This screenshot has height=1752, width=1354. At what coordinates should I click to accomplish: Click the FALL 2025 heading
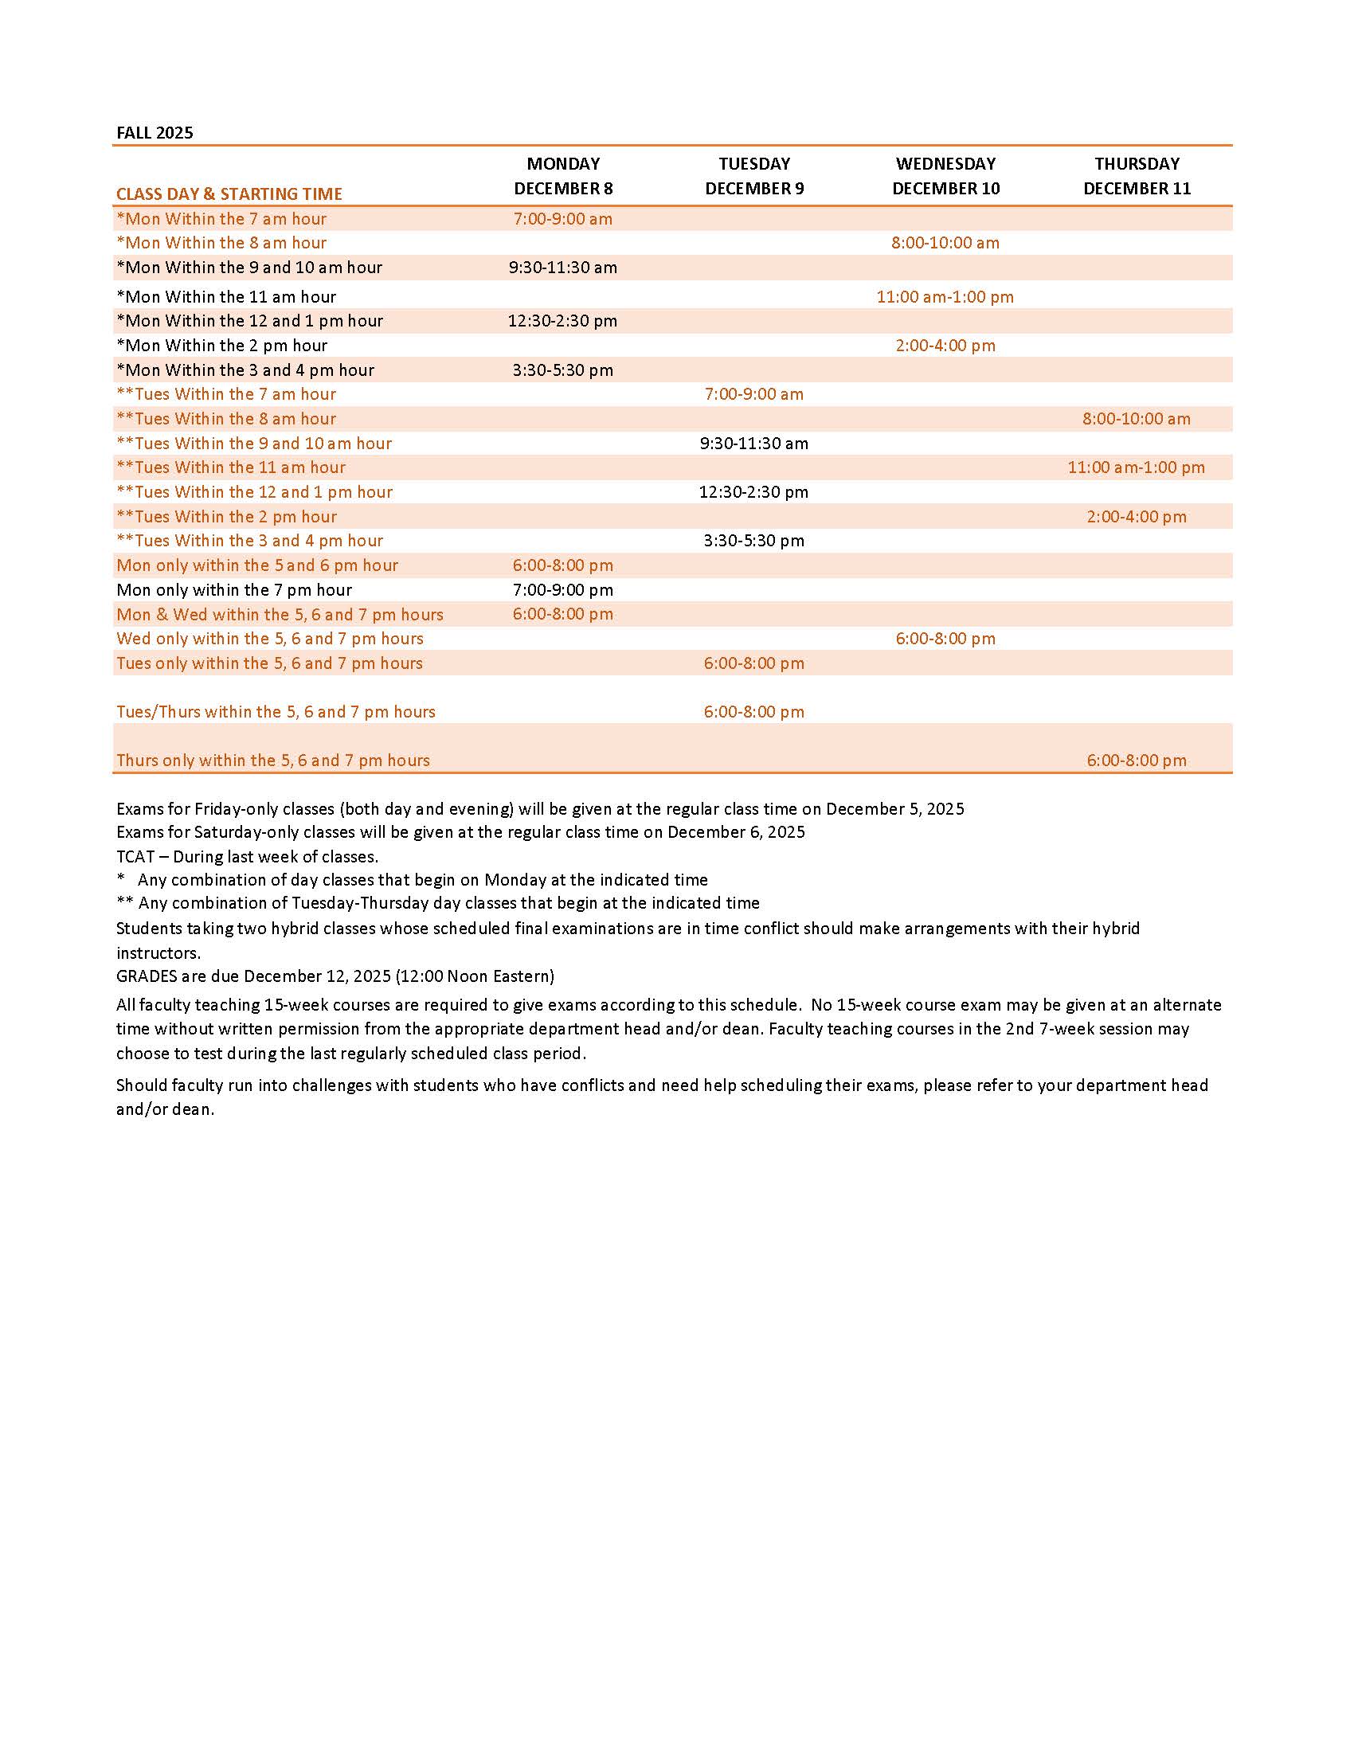pyautogui.click(x=155, y=132)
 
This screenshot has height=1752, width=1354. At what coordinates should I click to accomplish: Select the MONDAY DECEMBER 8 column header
pyautogui.click(x=563, y=176)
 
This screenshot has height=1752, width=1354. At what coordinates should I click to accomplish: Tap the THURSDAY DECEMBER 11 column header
pyautogui.click(x=1137, y=176)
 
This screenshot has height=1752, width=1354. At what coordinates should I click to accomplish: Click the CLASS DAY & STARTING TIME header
pyautogui.click(x=229, y=194)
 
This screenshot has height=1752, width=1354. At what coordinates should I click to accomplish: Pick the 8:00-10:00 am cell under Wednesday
pyautogui.click(x=945, y=242)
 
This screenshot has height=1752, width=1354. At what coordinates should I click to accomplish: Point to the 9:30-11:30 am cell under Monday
pyautogui.click(x=563, y=267)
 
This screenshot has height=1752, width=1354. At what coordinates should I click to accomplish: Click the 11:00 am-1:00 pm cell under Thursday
pyautogui.click(x=1136, y=467)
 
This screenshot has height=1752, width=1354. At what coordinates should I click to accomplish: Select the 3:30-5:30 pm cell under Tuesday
pyautogui.click(x=754, y=540)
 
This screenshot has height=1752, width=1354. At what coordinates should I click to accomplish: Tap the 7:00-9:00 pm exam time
pyautogui.click(x=563, y=589)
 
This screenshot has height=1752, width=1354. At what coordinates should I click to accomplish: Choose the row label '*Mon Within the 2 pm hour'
pyautogui.click(x=222, y=345)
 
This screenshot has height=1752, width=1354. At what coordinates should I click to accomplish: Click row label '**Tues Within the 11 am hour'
pyautogui.click(x=231, y=467)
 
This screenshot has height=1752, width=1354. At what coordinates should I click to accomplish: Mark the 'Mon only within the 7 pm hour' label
pyautogui.click(x=234, y=589)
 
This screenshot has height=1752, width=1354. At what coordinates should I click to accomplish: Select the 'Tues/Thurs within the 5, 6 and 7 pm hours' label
pyautogui.click(x=276, y=711)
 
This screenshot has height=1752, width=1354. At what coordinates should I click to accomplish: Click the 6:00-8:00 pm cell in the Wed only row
pyautogui.click(x=945, y=639)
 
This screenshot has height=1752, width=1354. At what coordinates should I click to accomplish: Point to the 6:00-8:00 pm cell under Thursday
pyautogui.click(x=1137, y=760)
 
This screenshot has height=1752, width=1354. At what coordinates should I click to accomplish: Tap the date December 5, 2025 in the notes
pyautogui.click(x=895, y=808)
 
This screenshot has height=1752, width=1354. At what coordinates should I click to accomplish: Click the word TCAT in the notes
pyautogui.click(x=135, y=856)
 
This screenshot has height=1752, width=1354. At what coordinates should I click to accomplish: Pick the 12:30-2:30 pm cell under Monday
pyautogui.click(x=563, y=321)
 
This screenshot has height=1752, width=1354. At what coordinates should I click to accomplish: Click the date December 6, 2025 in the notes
pyautogui.click(x=736, y=832)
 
